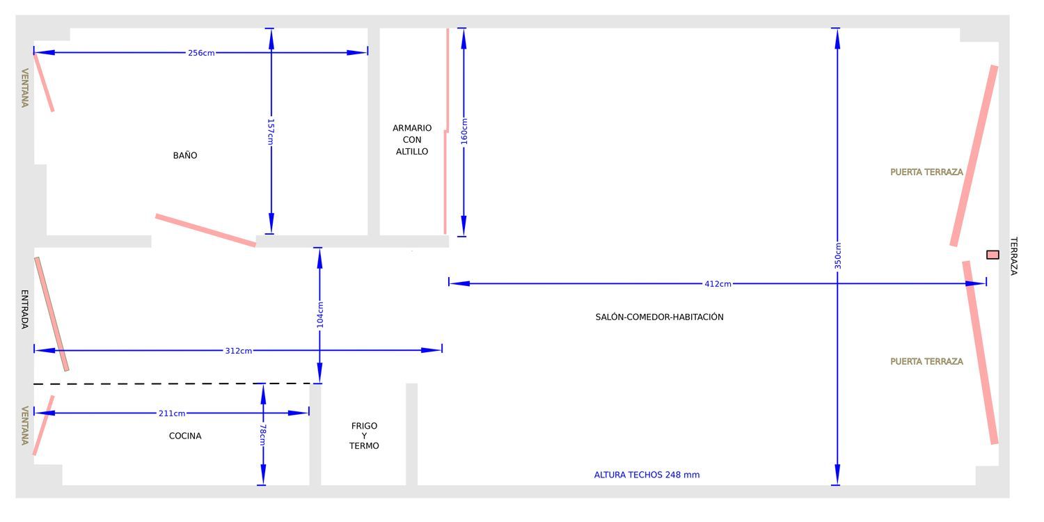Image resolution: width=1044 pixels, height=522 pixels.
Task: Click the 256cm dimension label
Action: tap(201, 53)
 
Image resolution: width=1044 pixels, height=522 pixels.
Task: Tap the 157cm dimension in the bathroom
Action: tap(270, 132)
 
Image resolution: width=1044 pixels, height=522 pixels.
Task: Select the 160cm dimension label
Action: tap(464, 131)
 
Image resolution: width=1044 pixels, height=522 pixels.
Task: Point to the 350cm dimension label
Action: tap(837, 255)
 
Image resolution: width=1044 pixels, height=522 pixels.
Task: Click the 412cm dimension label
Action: tap(718, 284)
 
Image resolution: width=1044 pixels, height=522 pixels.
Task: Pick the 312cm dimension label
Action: tap(239, 351)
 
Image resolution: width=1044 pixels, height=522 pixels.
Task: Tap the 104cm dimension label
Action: tap(320, 315)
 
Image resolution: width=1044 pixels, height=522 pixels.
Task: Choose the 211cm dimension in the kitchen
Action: tap(172, 413)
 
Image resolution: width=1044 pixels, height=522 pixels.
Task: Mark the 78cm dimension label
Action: tap(263, 434)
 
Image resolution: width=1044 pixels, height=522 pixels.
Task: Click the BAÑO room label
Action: tap(185, 156)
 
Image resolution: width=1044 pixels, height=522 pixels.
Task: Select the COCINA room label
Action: tap(185, 436)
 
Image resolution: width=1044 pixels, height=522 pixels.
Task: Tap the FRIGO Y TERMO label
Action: tap(365, 436)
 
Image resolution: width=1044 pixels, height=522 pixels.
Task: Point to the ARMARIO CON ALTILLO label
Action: tap(412, 140)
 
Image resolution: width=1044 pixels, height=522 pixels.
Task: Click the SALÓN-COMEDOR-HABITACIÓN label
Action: tap(660, 317)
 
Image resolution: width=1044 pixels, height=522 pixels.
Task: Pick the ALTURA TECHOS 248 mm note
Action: tap(647, 475)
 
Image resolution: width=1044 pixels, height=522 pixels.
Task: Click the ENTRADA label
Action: tap(24, 310)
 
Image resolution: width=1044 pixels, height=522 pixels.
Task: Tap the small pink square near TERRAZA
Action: tap(992, 255)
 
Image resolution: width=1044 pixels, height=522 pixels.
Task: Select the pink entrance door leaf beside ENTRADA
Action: tap(52, 314)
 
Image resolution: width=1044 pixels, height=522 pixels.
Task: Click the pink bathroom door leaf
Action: tap(205, 230)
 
